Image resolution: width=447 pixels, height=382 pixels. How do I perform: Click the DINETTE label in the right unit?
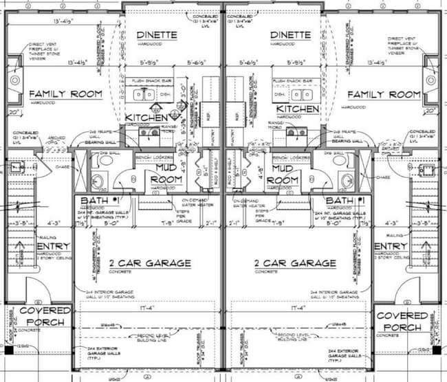click(x=292, y=35)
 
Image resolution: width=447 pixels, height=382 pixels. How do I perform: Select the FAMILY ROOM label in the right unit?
click(x=383, y=94)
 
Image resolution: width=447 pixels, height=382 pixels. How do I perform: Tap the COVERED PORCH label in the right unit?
click(x=402, y=317)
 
